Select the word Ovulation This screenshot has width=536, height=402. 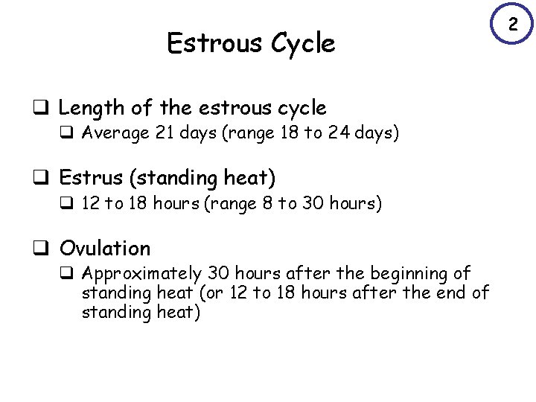[104, 249]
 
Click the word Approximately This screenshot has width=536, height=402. [141, 275]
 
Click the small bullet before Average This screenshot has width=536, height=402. [72, 135]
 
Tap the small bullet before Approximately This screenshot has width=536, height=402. [72, 275]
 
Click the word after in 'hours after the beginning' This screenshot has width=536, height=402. [302, 274]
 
